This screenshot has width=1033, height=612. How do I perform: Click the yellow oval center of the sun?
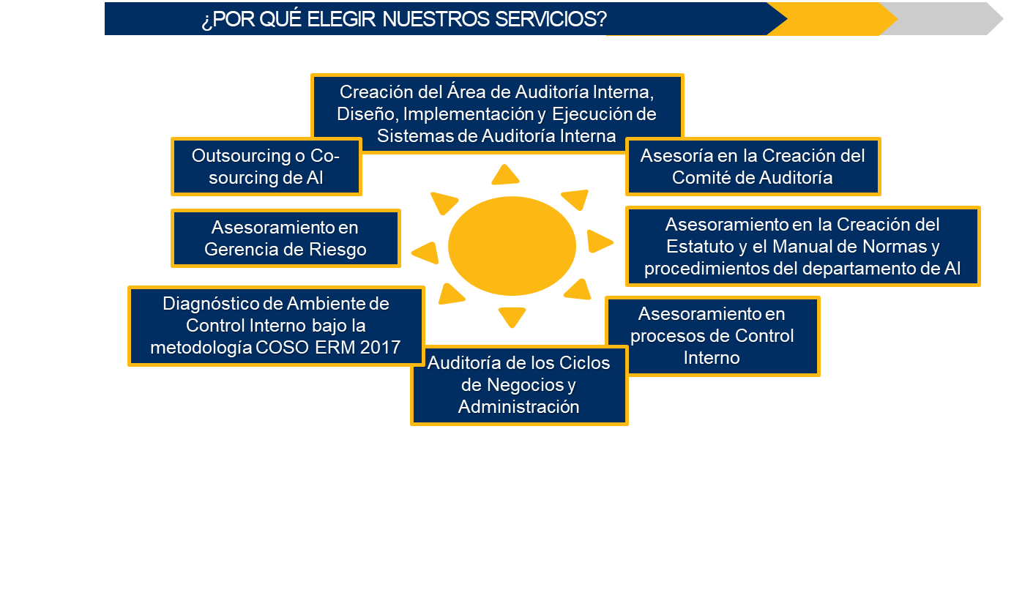coord(512,246)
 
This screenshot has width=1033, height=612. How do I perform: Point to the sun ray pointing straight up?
coord(505,174)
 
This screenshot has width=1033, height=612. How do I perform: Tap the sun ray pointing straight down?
coord(512,317)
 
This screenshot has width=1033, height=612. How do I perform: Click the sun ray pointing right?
coord(600,241)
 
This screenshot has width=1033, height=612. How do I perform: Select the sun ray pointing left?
coord(425,253)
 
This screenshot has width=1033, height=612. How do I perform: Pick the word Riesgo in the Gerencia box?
coord(338,250)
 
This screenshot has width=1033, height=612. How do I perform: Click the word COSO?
coord(283,347)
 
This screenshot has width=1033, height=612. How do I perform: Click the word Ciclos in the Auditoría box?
coord(585,363)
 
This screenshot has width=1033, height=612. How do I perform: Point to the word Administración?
coord(519,407)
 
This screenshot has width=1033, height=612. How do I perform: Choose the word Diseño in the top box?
coord(367,114)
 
